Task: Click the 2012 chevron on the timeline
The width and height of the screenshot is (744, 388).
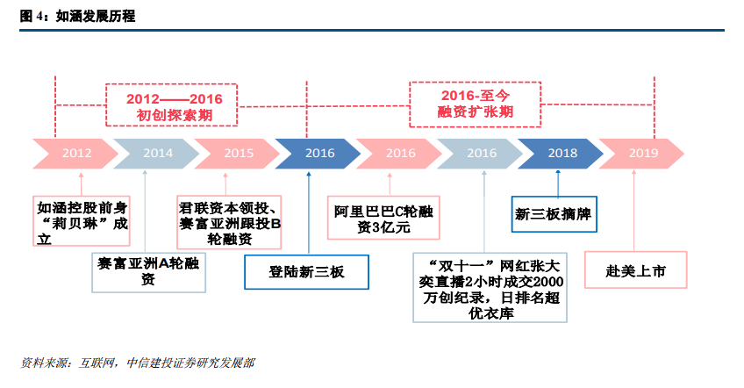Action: pyautogui.click(x=76, y=154)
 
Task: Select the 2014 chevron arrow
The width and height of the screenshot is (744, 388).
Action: pyautogui.click(x=157, y=154)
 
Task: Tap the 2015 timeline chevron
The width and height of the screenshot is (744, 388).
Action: pyautogui.click(x=238, y=154)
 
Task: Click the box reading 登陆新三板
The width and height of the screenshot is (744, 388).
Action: pyautogui.click(x=306, y=272)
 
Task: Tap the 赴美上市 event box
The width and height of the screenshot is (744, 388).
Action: pyautogui.click(x=636, y=269)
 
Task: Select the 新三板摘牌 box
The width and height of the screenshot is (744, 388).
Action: pyautogui.click(x=554, y=214)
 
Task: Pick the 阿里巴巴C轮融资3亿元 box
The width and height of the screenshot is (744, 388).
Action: pyautogui.click(x=383, y=218)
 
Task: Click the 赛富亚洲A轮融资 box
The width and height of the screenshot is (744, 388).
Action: pyautogui.click(x=148, y=272)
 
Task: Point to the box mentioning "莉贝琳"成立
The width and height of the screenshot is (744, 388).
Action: pyautogui.click(x=81, y=221)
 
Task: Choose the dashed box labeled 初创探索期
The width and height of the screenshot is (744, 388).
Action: pyautogui.click(x=171, y=105)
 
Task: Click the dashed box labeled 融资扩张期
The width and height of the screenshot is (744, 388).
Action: pyautogui.click(x=476, y=104)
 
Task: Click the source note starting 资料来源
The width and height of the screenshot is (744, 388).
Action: pyautogui.click(x=138, y=363)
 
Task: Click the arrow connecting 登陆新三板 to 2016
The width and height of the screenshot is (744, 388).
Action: pyautogui.click(x=309, y=213)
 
